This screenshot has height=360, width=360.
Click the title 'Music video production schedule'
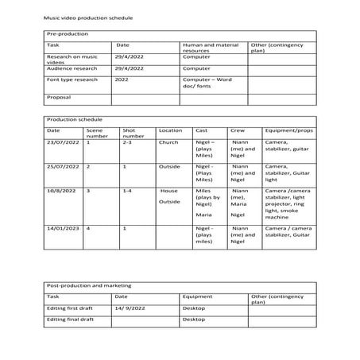point(88,17)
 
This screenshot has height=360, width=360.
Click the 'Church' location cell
point(168,142)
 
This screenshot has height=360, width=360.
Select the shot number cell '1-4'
point(128,192)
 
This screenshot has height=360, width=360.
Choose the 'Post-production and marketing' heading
point(89,284)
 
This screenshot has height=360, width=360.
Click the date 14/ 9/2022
point(129,307)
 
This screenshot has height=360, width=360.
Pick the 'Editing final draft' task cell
point(71,319)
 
